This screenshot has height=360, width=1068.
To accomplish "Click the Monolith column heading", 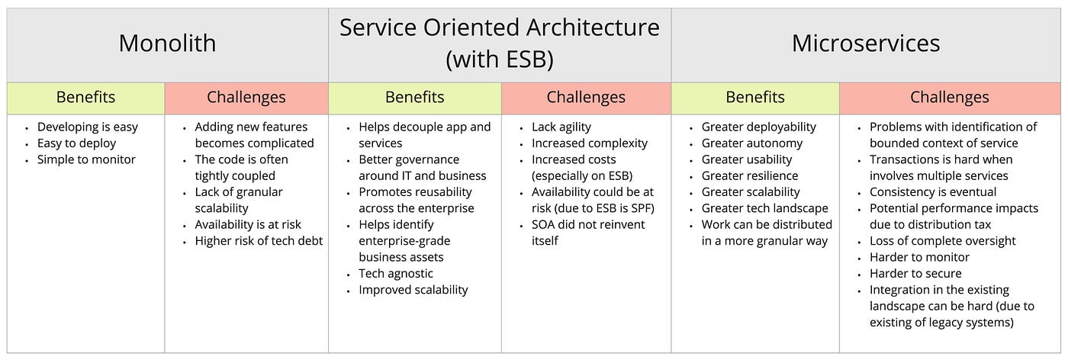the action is [x=167, y=43].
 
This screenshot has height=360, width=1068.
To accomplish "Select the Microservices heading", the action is [x=866, y=43].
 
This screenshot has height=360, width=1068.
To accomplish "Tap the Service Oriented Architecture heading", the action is [x=499, y=27].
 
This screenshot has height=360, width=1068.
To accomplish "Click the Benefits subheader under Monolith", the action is [x=85, y=98].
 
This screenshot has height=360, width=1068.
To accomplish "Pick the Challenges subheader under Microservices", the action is [x=949, y=98].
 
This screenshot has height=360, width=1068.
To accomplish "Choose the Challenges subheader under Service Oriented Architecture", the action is [x=586, y=98].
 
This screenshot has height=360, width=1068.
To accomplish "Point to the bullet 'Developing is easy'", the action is [x=88, y=127].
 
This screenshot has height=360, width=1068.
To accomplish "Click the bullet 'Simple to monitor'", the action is [x=86, y=159].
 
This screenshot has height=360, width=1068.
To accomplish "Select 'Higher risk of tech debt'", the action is [x=259, y=241].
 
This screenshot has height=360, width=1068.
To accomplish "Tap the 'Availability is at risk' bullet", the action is [x=248, y=224].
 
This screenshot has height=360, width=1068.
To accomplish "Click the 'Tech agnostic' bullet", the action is [x=396, y=274].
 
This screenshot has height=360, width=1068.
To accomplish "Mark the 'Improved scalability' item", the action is [x=413, y=290].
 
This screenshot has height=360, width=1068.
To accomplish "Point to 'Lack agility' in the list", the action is [x=561, y=127].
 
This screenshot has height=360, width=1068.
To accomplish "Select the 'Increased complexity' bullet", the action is [x=589, y=143].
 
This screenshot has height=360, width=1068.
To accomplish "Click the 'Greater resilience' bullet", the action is [x=749, y=176].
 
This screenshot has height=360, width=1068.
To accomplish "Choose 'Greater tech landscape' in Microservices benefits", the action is [x=764, y=208].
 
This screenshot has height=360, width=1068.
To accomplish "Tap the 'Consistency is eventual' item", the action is [x=932, y=192].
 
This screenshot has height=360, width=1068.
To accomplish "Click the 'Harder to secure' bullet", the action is [x=915, y=274].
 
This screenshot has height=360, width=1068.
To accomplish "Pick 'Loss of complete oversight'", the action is [x=943, y=241].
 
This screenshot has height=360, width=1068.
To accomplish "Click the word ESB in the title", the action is [x=526, y=59].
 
